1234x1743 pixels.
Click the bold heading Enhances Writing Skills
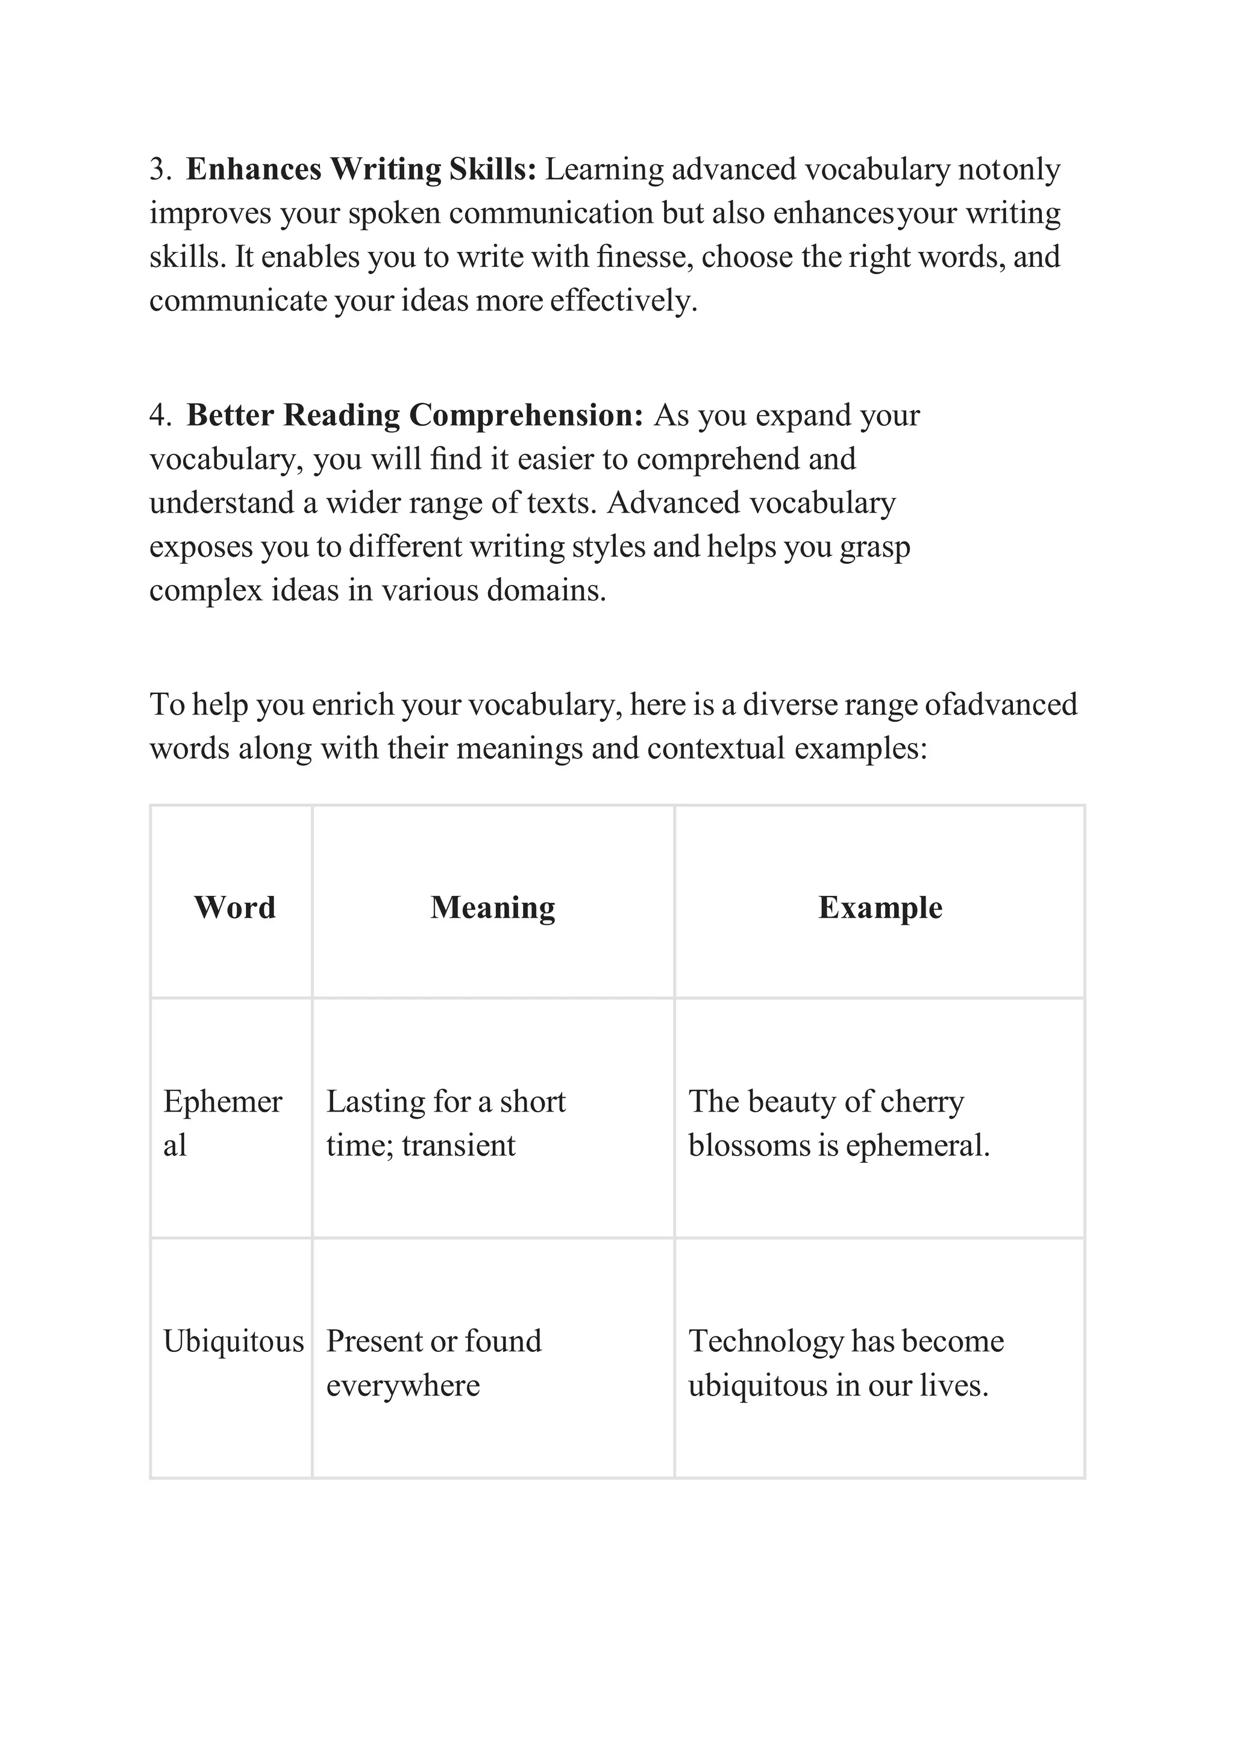(x=361, y=169)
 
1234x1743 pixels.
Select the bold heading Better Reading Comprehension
(x=415, y=416)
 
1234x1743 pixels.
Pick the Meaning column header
(x=492, y=907)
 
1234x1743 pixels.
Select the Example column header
(x=880, y=907)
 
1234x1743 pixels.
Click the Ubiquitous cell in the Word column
(x=233, y=1341)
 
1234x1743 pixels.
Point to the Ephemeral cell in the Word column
(x=222, y=1122)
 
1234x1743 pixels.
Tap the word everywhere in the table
(x=402, y=1385)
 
